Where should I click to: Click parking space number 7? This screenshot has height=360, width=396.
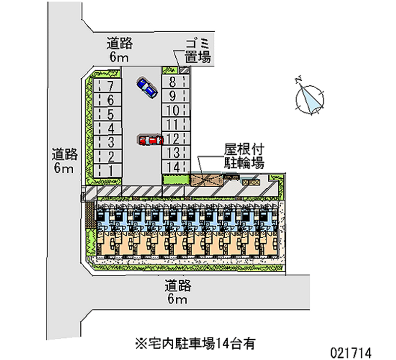(109, 85)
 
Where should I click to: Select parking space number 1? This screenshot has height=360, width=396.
(109, 171)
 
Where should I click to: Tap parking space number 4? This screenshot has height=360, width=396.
(109, 128)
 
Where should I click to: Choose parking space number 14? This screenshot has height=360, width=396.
(173, 167)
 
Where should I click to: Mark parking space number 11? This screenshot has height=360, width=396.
(173, 124)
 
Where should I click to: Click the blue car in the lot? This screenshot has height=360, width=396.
(147, 87)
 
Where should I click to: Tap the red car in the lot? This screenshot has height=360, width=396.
(150, 140)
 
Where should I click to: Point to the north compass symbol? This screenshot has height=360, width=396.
(310, 97)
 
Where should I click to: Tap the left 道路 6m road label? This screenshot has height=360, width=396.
(65, 161)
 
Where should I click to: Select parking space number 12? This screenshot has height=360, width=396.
(173, 139)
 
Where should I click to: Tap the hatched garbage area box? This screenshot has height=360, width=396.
(184, 70)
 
